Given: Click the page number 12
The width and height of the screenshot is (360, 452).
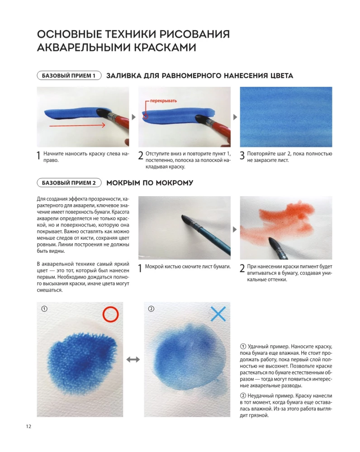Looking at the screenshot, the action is coord(28,426).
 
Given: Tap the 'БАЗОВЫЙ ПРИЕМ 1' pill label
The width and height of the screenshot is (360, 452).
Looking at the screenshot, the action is coord(69,75).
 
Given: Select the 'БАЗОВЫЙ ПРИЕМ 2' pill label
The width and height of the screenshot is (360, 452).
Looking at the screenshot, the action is coord(69,183).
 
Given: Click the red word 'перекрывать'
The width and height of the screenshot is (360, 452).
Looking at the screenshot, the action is coord(163,101).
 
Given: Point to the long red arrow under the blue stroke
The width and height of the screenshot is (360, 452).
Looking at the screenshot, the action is coord(77,125).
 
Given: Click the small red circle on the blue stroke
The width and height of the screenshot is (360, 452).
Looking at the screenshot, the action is coord(146,117).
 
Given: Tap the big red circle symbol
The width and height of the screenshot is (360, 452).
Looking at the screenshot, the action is coord(110,314).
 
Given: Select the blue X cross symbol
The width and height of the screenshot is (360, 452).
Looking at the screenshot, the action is coord(218,314).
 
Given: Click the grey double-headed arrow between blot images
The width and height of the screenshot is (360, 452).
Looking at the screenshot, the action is coord(133,359).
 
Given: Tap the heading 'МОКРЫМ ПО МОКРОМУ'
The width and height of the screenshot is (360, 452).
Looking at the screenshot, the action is coord(150,183).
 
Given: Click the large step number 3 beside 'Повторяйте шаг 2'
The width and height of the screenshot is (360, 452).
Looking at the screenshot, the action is coord(242,155).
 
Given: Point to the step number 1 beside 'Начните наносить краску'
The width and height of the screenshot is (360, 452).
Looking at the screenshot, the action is coord(38,155).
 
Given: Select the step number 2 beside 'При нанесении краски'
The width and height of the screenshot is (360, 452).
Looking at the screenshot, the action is coord(242,268).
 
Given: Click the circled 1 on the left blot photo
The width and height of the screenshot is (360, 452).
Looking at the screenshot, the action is coord(44,309).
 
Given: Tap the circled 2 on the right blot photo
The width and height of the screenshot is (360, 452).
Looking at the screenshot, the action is coord(151,309).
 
